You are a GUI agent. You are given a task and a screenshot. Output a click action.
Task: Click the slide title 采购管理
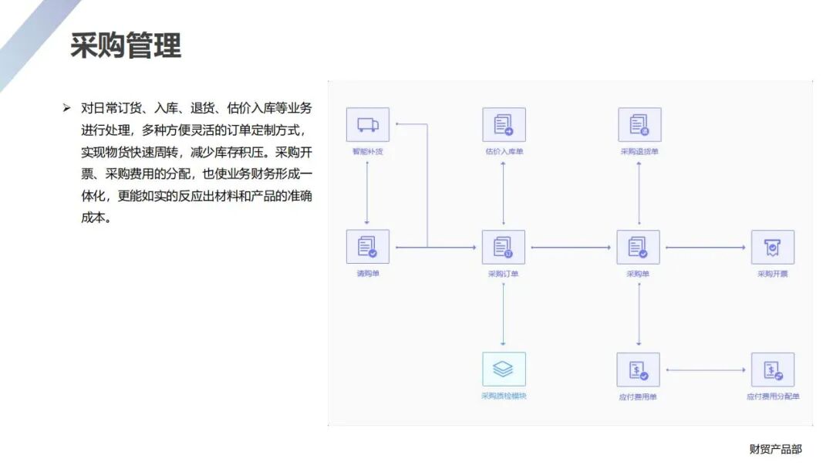coord(126,46)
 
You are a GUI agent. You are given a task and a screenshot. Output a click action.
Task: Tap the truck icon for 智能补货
coord(368,125)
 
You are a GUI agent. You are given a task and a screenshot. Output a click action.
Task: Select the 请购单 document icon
coord(368,247)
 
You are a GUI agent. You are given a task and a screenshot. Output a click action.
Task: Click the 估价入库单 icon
coord(504,125)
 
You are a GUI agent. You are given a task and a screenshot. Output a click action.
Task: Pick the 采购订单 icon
coord(504,247)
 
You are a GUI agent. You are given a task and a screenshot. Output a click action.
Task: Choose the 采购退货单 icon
coord(639,125)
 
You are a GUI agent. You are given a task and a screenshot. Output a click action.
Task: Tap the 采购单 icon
coord(638,247)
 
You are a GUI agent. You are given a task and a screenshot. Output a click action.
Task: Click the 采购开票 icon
coord(772,247)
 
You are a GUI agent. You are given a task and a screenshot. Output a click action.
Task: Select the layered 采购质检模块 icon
coord(504,369)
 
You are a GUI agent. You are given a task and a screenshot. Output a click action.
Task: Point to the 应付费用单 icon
coord(638,369)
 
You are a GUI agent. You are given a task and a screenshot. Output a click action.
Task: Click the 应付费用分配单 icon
coord(772,369)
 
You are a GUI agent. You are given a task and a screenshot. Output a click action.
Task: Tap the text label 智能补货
coord(368,151)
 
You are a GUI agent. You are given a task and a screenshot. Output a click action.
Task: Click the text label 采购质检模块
coord(504,396)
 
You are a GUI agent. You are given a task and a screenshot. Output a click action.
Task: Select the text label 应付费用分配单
coord(772,396)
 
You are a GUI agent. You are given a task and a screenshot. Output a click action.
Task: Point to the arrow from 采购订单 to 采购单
coord(571,248)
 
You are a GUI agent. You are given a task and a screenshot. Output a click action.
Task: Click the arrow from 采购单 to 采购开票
coord(706,248)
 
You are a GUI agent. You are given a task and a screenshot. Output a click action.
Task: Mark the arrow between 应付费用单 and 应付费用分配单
coord(706,370)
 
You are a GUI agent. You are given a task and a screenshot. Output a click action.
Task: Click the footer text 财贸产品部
coord(775,449)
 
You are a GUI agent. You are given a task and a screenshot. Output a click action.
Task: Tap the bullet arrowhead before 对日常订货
coord(66,107)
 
